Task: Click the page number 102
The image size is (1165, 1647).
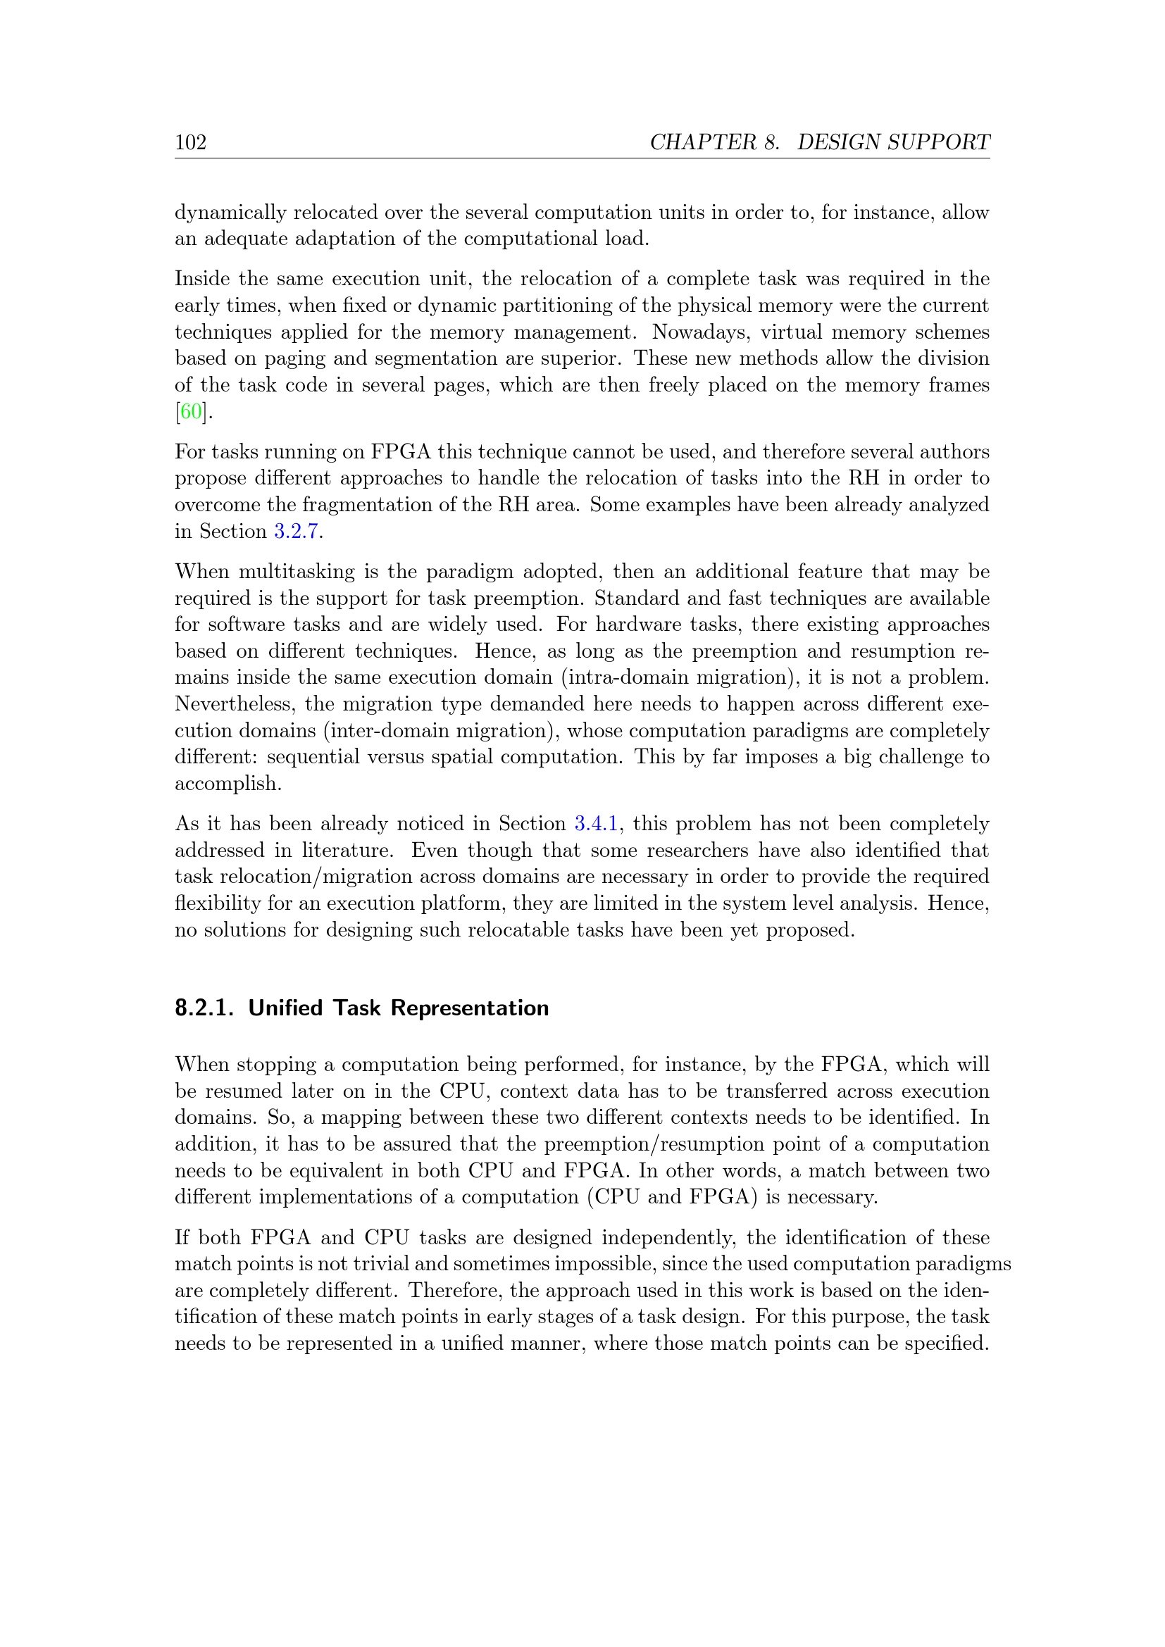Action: [x=191, y=142]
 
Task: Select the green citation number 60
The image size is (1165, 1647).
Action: [x=191, y=412]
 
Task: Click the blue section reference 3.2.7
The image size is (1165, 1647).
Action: [x=297, y=531]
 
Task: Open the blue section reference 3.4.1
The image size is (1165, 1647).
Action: [x=596, y=824]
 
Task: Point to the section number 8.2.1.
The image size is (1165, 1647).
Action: [x=204, y=1008]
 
